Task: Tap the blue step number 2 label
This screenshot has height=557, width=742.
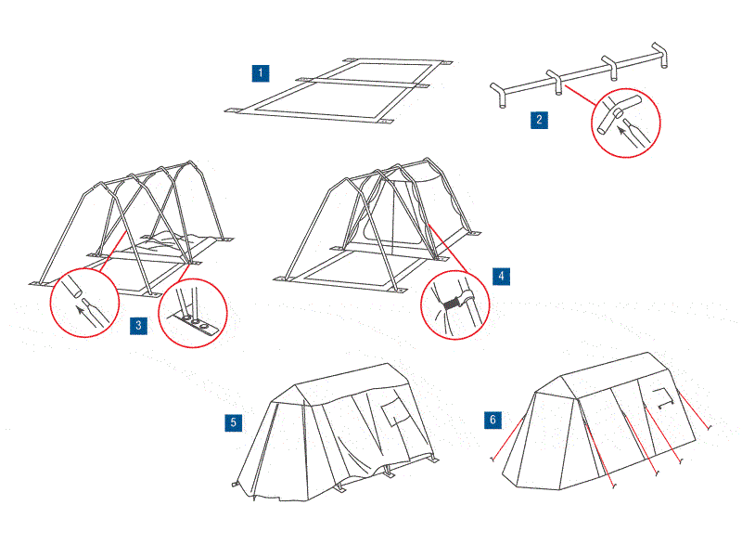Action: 539,119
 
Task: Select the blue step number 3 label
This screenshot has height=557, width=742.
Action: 138,326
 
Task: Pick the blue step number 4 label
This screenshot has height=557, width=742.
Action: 500,277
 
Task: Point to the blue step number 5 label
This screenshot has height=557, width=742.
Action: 234,422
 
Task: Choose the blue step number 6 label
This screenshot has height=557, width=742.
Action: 493,421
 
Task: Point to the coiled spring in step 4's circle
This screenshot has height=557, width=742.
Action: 453,301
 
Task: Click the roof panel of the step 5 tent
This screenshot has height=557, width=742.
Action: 343,379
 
